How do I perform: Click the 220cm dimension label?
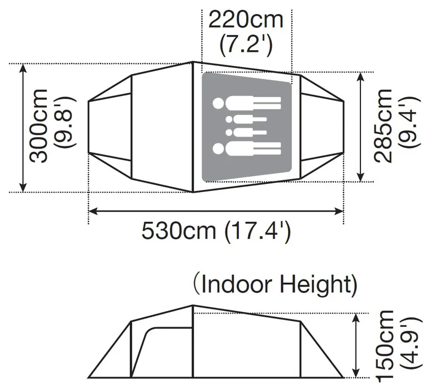246,20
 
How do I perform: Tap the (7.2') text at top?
246,44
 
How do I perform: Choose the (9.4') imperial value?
411,126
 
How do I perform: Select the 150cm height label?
387,345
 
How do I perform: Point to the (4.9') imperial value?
411,345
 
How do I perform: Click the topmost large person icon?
247,103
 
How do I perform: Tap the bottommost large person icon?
247,147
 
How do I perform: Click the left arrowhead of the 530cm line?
92,211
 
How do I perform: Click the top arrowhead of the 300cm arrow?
23,68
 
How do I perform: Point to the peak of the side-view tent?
193,305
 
